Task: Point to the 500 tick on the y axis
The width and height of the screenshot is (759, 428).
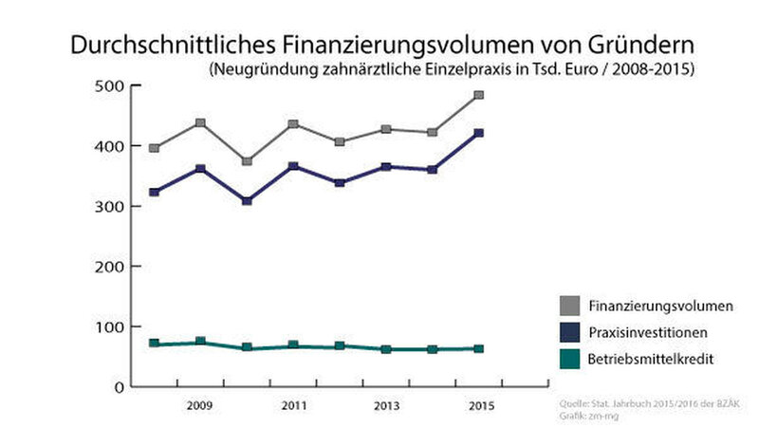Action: coord(113,86)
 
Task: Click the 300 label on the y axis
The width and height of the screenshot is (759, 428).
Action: coord(113,207)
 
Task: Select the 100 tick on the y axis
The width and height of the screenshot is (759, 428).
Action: coord(113,327)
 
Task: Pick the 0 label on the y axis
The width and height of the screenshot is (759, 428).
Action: coord(120,387)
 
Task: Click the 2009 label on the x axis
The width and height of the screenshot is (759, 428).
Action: coord(200,406)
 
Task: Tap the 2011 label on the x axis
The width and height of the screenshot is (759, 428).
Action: coord(293,406)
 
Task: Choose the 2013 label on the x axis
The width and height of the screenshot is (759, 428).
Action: coord(385,406)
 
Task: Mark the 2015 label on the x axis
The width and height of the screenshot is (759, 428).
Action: coord(478,406)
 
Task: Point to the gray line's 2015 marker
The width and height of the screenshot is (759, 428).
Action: coord(478,95)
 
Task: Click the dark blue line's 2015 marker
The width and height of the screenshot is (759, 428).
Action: coord(478,133)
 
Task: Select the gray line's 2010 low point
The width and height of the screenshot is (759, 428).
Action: coord(247,161)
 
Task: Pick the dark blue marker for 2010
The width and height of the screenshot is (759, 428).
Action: coord(247,201)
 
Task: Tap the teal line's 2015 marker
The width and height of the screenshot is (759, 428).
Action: coord(478,349)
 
